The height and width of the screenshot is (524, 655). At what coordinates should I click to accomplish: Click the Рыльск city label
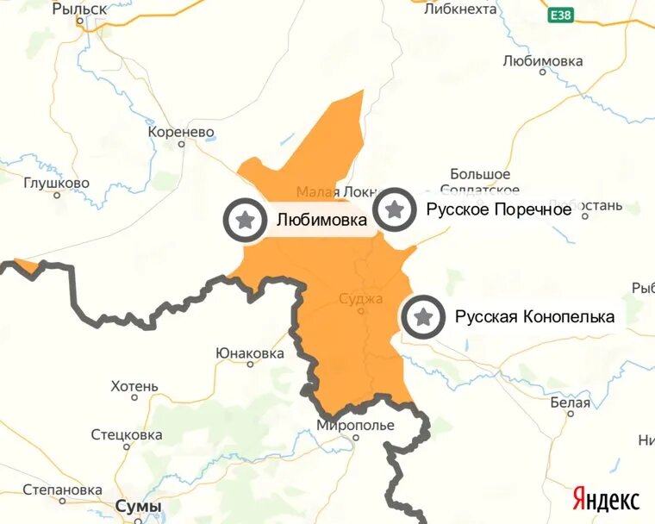point(79,9)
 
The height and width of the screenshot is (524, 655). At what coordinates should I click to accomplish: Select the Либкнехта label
point(461,9)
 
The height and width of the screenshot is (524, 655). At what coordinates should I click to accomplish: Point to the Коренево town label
point(181,132)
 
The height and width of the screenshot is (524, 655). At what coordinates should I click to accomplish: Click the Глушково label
point(56,183)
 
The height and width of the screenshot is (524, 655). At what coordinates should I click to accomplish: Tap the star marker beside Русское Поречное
point(395,209)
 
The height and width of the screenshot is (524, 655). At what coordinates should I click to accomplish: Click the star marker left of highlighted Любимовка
point(246,219)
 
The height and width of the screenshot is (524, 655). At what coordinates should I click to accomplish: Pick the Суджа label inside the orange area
point(361,299)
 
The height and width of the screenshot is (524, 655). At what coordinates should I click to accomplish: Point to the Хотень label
point(134,385)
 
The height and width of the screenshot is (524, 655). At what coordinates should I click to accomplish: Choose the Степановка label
point(62,490)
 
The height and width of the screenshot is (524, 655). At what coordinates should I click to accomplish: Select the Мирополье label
point(355,426)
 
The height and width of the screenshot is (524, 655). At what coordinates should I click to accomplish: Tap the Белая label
point(570,402)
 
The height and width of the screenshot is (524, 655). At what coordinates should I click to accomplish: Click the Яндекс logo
point(606,499)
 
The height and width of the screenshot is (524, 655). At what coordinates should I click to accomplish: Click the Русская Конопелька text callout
point(534,317)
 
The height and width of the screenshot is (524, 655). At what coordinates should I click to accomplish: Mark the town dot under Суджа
point(361,311)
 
